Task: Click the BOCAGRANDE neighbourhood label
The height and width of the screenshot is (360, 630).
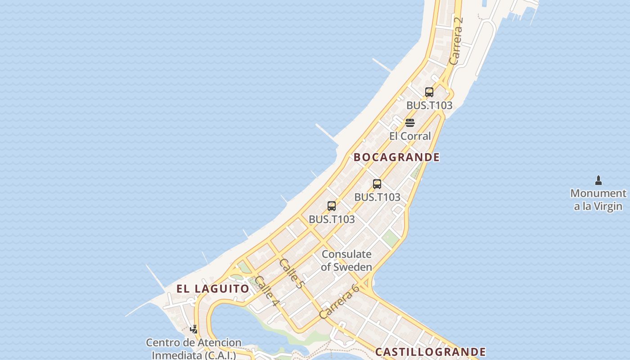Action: tap(396, 157)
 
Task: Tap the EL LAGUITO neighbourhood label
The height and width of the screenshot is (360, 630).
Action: tap(212, 289)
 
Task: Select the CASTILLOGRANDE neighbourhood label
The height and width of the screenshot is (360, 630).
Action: tap(430, 352)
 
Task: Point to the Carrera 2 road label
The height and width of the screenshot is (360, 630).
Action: tap(456, 41)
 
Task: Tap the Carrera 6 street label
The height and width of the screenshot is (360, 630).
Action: tap(339, 301)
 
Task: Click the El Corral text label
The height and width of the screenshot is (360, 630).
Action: tap(410, 136)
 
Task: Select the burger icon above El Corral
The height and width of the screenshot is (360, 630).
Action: tap(409, 123)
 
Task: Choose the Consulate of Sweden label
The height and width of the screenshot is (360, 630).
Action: tap(346, 261)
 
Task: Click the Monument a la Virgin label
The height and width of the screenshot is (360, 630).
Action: tap(598, 200)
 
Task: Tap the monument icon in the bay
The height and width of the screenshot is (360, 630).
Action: tap(598, 180)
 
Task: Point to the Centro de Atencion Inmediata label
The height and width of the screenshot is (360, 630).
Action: tap(193, 349)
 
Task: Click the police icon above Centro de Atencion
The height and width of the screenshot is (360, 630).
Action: tap(194, 329)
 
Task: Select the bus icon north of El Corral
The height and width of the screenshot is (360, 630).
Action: tap(429, 92)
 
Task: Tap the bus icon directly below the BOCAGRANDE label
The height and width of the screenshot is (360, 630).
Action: tap(377, 184)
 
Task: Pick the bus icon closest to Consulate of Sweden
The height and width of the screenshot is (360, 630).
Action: tap(332, 206)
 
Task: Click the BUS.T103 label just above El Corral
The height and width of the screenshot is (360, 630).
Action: tap(429, 105)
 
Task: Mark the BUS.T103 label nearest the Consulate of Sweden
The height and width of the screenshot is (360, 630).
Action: tap(332, 220)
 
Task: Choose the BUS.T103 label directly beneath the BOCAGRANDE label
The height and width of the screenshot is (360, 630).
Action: tap(377, 197)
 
